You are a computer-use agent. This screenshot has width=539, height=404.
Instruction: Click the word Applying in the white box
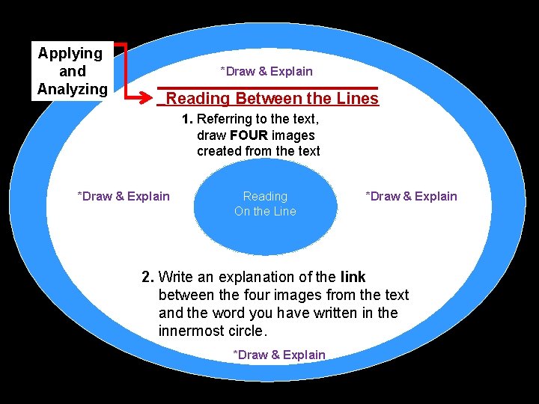coord(70,53)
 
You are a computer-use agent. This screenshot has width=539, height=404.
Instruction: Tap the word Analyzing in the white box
coord(72,89)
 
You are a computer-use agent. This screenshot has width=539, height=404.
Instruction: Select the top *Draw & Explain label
coord(267,71)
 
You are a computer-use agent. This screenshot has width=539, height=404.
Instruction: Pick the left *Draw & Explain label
coord(124,196)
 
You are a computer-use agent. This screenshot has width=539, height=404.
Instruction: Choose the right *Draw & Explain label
coord(411,196)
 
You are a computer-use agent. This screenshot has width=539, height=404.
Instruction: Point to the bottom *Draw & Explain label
coord(279,355)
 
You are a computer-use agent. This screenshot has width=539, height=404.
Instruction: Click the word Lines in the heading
coord(358,98)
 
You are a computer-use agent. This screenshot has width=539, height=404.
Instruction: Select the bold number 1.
coord(188,119)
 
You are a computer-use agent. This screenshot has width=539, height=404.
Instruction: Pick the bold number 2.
coord(148,278)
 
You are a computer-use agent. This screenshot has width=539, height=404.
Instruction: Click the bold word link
coord(353,278)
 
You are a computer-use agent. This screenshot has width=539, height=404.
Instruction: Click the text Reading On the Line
coord(265,203)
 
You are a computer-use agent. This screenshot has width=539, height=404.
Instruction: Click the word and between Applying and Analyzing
coord(72,71)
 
